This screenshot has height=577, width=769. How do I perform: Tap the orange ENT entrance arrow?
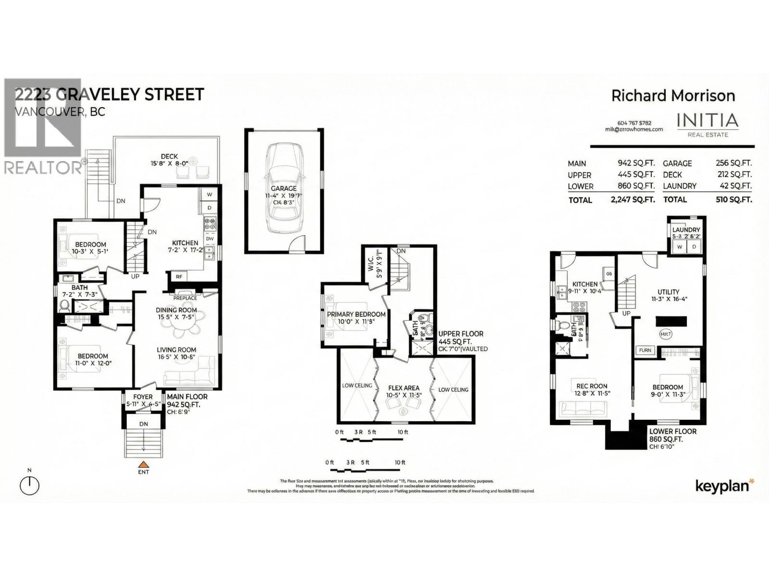[143, 465]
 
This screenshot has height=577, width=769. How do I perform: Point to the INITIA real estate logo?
[707, 124]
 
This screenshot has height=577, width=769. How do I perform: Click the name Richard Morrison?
[673, 96]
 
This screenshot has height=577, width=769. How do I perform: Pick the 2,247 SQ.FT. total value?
[633, 200]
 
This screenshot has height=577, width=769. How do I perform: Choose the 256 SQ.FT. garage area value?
[733, 163]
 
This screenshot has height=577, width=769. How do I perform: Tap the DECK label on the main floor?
[169, 156]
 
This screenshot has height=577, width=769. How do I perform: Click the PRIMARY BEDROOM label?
[356, 314]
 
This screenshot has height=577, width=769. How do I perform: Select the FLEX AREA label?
[403, 388]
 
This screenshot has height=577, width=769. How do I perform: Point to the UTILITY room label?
[669, 292]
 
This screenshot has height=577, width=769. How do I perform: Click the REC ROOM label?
[592, 386]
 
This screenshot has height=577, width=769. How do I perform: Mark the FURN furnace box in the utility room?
[645, 350]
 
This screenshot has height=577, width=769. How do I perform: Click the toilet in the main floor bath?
[64, 305]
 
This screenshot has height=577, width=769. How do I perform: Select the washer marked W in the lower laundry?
[680, 247]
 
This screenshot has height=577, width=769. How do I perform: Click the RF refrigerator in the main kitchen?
[179, 276]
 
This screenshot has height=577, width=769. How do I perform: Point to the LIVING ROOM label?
[176, 350]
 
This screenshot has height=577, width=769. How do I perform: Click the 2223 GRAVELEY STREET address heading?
[110, 94]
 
